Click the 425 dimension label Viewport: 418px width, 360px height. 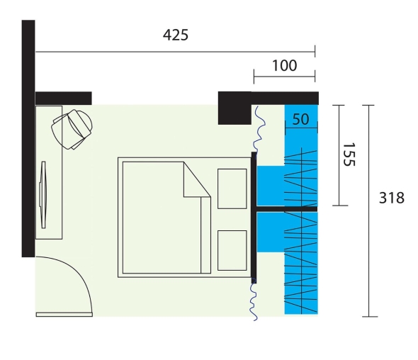point(176,35)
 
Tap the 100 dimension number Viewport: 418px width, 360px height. point(284,66)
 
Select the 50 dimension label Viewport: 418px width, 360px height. point(300,119)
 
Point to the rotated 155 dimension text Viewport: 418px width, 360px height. point(349,154)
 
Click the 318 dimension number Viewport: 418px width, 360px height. point(392,198)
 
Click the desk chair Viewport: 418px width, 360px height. point(72,129)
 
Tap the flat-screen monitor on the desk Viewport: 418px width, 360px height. point(43,195)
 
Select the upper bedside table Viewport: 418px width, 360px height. point(232,189)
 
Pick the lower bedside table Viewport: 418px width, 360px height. point(232,250)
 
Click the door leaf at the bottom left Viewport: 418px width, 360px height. point(64,315)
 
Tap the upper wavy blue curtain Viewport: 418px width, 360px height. point(259,129)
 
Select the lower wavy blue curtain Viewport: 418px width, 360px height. point(254,299)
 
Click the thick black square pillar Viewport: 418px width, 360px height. point(235,108)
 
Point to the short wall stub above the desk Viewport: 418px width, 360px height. point(64,98)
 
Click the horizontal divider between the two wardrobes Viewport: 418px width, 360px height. point(287,209)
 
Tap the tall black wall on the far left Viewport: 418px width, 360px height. point(28,138)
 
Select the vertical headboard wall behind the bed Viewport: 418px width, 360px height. point(254,218)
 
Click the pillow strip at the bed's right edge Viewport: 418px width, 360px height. point(205,235)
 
